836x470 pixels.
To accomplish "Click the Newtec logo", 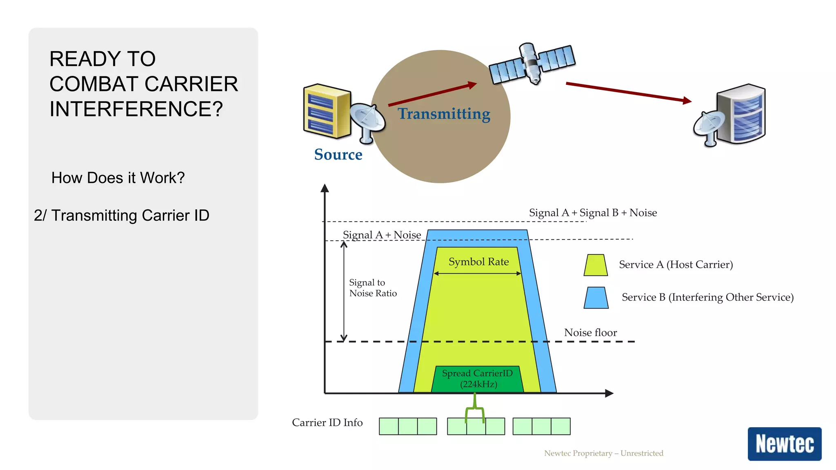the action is click(784, 444).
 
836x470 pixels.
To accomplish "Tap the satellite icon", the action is click(532, 64).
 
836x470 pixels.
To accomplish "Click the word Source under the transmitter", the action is click(338, 155).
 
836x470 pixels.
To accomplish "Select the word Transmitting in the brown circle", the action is click(444, 114).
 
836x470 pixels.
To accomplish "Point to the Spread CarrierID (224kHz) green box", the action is click(477, 379).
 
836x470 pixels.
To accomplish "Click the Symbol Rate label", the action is click(478, 262).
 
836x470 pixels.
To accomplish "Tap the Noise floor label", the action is click(590, 333).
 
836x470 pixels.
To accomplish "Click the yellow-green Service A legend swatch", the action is click(596, 265).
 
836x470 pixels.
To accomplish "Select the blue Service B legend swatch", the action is click(596, 298).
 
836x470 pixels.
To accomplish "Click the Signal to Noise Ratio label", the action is click(373, 288).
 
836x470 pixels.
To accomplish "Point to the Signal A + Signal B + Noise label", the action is click(593, 213).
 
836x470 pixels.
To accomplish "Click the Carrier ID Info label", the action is click(327, 423).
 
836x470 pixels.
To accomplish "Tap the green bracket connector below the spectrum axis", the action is click(475, 408).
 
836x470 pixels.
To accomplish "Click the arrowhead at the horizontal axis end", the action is click(609, 393).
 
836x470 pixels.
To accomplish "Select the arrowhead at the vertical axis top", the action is click(325, 188).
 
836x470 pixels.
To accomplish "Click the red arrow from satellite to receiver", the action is click(629, 92).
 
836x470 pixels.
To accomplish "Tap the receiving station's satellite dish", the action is click(709, 126).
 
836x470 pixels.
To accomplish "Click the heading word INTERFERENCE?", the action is click(136, 109).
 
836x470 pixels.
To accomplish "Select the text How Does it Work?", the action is click(118, 178).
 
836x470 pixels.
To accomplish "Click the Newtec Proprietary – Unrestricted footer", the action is click(604, 453).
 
